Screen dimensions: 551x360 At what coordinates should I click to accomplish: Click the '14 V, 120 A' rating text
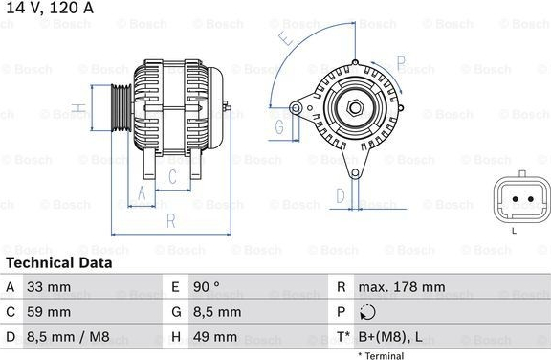click(x=50, y=8)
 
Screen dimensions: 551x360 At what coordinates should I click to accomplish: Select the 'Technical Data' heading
click(x=59, y=263)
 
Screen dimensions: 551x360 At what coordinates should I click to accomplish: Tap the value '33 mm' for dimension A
click(x=49, y=287)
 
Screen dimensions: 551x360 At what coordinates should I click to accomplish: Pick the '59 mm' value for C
click(x=49, y=312)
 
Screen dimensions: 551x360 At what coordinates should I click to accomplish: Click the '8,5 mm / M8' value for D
click(x=68, y=337)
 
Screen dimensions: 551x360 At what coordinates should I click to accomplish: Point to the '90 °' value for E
click(x=207, y=287)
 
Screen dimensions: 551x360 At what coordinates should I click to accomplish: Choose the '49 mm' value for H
click(x=215, y=337)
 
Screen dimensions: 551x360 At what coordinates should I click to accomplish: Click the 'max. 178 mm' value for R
click(x=402, y=287)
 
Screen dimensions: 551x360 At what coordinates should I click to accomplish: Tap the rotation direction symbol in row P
click(x=367, y=312)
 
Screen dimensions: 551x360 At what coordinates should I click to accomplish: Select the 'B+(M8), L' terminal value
click(x=390, y=337)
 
